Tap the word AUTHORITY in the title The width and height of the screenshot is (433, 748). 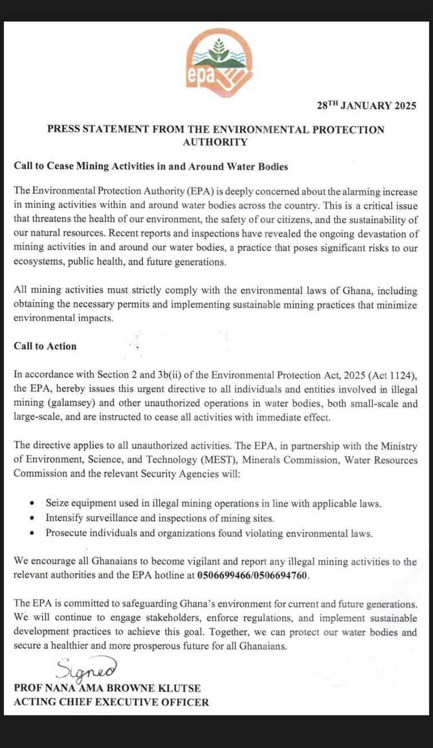point(215,142)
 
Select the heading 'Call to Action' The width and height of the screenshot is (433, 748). point(45,346)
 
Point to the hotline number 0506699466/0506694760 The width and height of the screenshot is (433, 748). point(253,576)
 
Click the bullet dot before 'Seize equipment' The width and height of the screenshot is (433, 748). point(33,502)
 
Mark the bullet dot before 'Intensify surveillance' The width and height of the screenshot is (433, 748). point(33,518)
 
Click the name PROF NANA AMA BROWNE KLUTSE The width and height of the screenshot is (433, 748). point(107,688)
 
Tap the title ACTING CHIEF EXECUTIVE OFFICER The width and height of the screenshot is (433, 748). point(111,702)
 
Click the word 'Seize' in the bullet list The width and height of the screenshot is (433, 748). point(57,502)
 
